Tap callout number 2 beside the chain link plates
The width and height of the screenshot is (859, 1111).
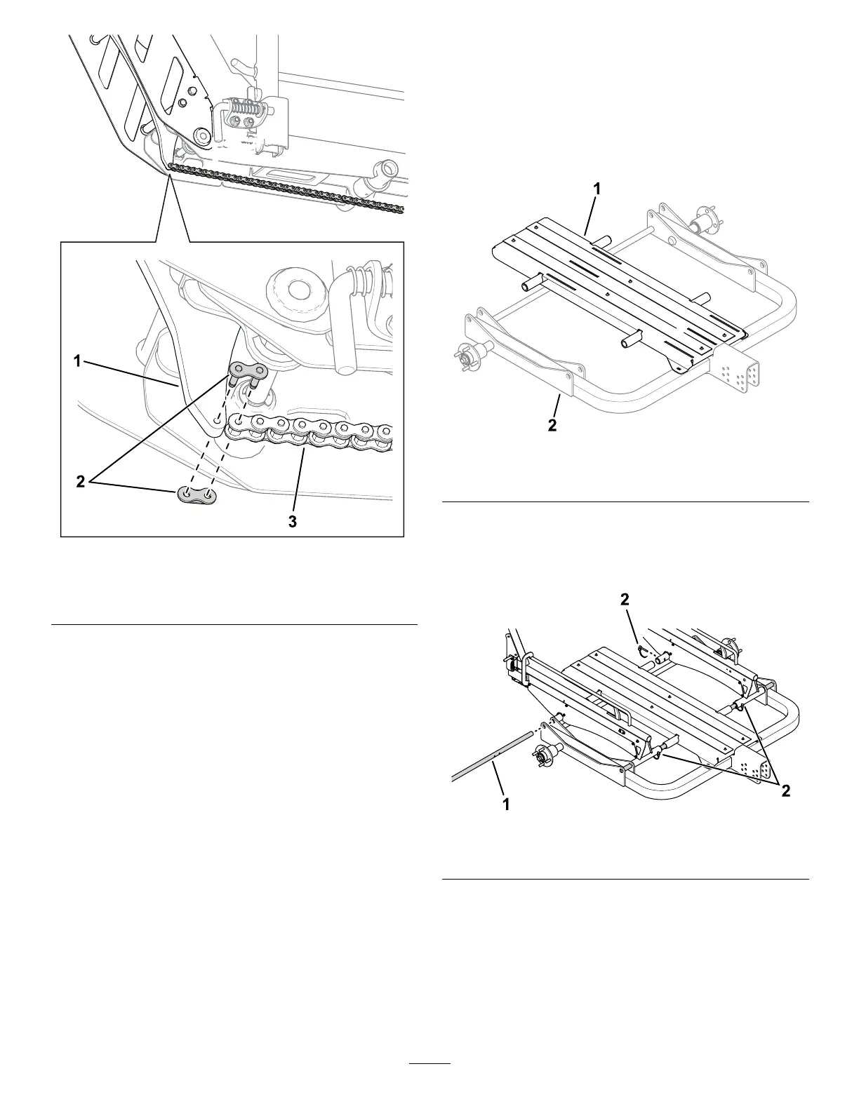coord(81,482)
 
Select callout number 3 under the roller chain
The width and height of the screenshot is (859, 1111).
coord(293,521)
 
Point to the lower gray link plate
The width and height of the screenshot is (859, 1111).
coord(197,495)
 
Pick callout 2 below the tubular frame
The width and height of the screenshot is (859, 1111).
coord(553,425)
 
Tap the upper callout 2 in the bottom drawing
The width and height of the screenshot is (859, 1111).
coord(625,600)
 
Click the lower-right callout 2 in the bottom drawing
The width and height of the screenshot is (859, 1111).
coord(786,790)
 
